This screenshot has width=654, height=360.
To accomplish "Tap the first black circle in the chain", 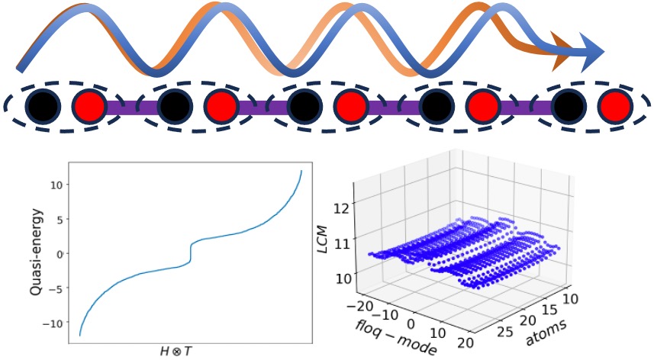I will [x=37, y=106].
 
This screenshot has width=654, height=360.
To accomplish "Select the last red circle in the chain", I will [x=613, y=107].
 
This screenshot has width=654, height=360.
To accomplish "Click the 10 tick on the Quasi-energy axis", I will [x=53, y=185].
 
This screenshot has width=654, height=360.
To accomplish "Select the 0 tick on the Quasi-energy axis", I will [x=56, y=253].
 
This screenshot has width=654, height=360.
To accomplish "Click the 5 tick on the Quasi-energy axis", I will [x=56, y=219].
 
